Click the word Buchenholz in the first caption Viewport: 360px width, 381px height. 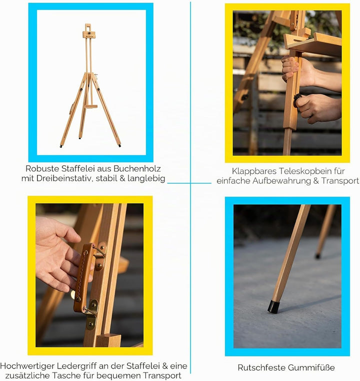(x=137, y=168)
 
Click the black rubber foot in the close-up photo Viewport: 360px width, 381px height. (x=273, y=306)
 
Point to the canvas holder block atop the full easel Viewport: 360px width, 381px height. (x=89, y=35)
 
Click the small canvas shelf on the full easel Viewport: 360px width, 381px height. (x=91, y=106)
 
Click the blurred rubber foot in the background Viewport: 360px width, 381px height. (x=317, y=256)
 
